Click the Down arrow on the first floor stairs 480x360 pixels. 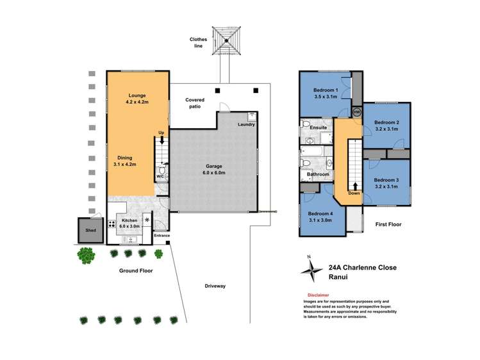(354, 187)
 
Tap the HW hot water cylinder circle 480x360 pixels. (356, 111)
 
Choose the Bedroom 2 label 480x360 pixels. (386, 126)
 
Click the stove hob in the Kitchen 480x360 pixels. (112, 224)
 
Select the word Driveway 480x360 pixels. (215, 286)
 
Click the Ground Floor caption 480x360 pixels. (136, 270)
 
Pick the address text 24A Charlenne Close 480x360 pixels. (363, 269)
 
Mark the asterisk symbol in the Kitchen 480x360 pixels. (147, 220)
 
